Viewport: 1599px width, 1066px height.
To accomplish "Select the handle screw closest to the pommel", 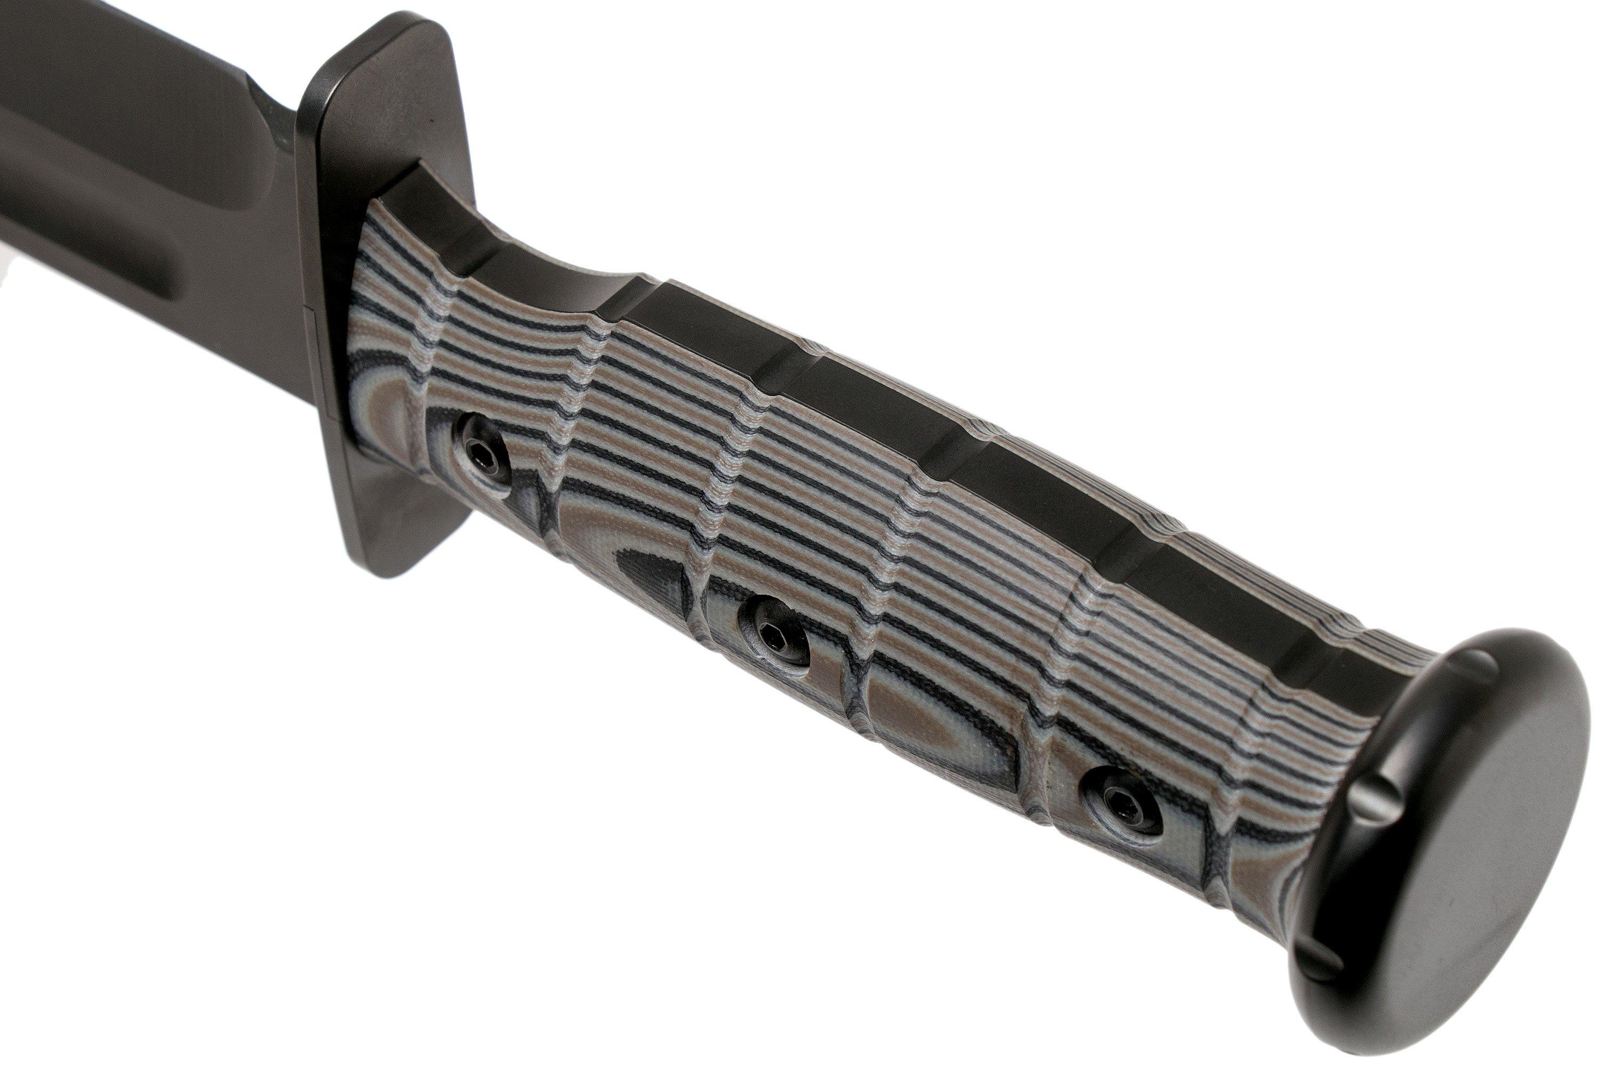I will point(1120,799).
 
